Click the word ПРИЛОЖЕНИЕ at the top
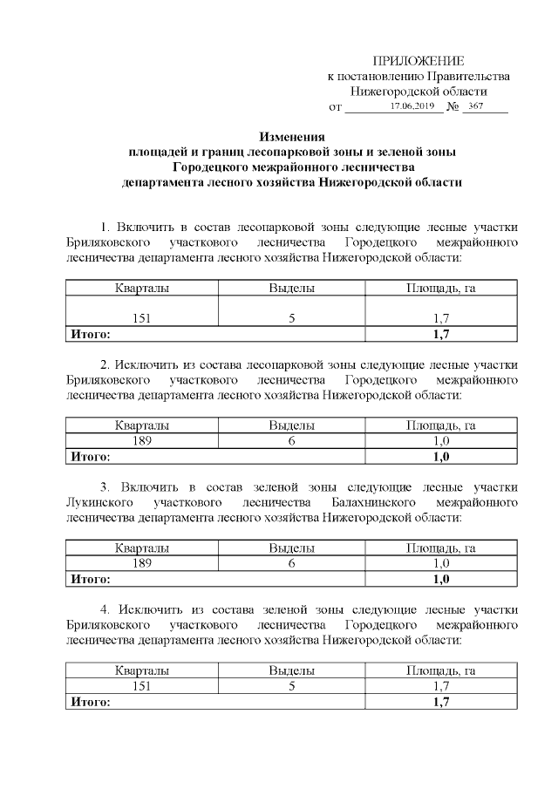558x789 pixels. click(418, 60)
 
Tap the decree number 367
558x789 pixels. click(476, 105)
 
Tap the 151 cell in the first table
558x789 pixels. click(141, 318)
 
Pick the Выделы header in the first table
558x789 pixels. click(291, 288)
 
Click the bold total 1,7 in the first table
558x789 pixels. click(440, 333)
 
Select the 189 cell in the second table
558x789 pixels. click(141, 441)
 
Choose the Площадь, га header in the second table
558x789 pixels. click(440, 425)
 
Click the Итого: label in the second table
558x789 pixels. click(90, 456)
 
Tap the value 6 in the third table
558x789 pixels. click(291, 564)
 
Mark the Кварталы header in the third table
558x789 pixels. click(141, 548)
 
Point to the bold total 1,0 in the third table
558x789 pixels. click(440, 579)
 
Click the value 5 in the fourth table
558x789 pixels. click(291, 686)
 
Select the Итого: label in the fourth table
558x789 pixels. click(90, 701)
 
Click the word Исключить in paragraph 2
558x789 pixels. click(155, 365)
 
